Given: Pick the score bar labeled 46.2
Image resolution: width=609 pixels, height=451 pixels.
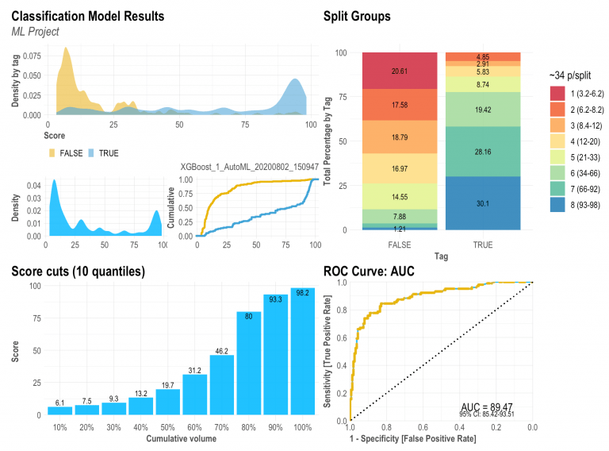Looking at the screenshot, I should click(223, 384).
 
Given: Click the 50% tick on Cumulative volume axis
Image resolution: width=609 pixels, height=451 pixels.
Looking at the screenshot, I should click(168, 428).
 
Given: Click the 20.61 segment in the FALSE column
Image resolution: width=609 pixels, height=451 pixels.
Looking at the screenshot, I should click(399, 71).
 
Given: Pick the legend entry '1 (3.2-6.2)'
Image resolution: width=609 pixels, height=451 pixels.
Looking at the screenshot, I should click(581, 93).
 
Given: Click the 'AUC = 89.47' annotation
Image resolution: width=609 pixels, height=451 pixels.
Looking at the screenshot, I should click(487, 407).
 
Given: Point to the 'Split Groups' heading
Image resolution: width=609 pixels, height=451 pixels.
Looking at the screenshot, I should click(357, 16).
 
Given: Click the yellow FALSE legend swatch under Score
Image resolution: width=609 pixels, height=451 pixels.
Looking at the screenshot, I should click(55, 152).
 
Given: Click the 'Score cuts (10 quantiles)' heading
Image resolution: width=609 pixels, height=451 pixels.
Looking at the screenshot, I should click(78, 272).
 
